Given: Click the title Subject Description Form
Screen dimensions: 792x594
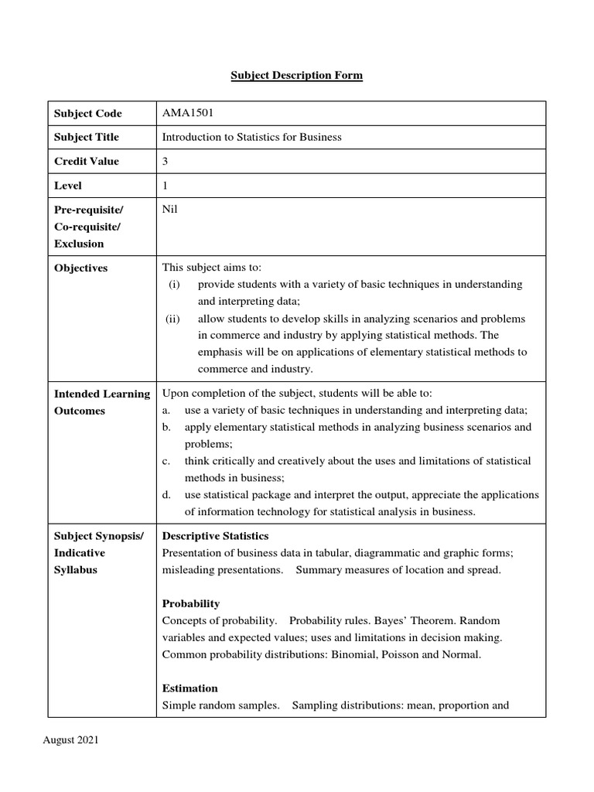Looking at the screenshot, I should coord(297,76).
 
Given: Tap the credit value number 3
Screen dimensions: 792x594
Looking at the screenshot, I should coord(165,161).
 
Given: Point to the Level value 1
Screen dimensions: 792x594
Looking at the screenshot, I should coord(165,186).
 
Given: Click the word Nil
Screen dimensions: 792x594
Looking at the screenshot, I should coord(169,210).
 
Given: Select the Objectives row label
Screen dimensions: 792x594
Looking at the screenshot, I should coord(80,268).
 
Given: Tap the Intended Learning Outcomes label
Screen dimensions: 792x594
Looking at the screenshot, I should coord(101,402).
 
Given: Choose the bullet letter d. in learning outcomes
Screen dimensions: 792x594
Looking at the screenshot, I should coord(166,494).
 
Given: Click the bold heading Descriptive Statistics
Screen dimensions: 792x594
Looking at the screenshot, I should coord(215,536).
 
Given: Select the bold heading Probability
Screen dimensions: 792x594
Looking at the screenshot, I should coord(190,603).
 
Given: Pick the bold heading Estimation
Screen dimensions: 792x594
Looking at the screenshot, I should coord(189,688).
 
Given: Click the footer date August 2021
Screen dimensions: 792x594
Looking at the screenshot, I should coord(70,740).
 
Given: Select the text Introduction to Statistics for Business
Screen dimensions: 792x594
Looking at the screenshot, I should coord(251,137).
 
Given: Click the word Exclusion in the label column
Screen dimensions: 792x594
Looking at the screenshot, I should coord(78,244).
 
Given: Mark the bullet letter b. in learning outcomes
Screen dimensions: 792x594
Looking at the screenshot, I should coord(166,427).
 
